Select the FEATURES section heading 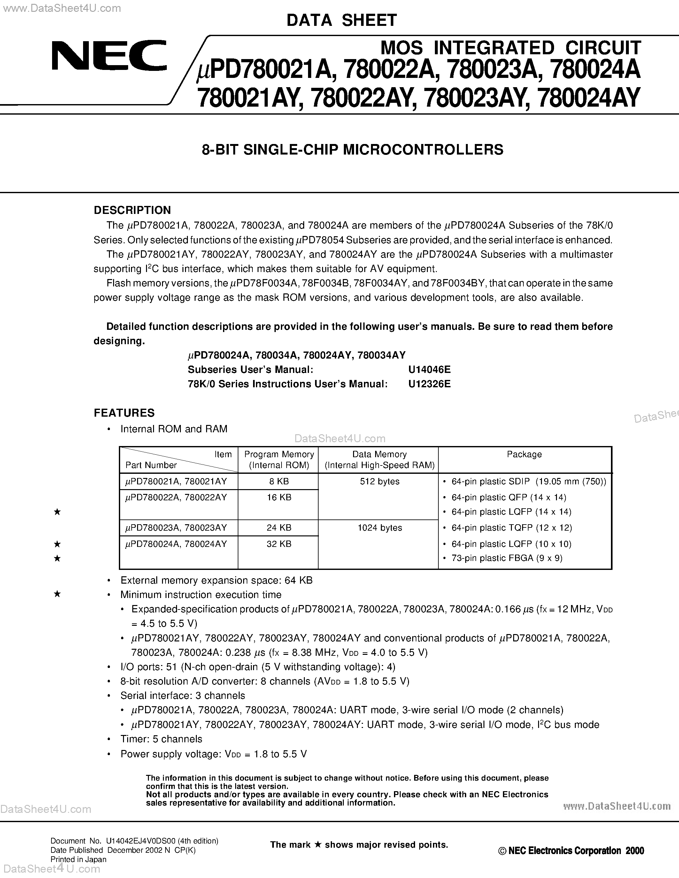click(x=124, y=413)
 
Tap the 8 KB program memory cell click(x=279, y=481)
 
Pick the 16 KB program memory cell click(x=279, y=497)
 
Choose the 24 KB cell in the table click(x=279, y=527)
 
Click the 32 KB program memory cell click(x=279, y=543)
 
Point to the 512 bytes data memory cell click(x=380, y=481)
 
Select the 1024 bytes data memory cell click(x=380, y=527)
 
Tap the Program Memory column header click(x=279, y=459)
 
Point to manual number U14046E click(x=429, y=369)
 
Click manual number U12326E click(x=429, y=384)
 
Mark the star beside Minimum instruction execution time click(x=57, y=594)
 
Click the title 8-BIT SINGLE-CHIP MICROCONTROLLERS click(x=352, y=149)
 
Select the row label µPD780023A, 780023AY click(x=176, y=527)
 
